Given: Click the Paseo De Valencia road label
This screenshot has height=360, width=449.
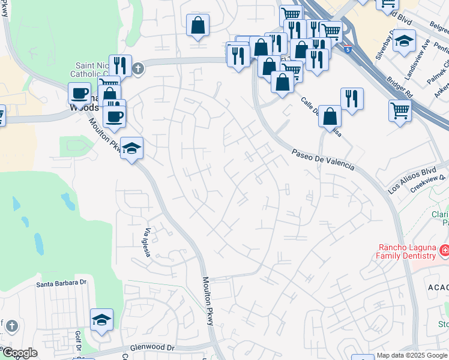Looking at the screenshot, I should [323, 159].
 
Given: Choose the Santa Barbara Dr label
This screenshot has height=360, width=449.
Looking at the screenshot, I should [62, 283].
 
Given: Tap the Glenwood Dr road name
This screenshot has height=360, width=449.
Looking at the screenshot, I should [152, 347].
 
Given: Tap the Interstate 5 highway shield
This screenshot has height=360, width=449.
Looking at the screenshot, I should [349, 49].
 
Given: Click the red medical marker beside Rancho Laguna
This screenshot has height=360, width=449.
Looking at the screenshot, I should [444, 250].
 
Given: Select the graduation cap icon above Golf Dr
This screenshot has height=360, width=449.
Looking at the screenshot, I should [101, 320].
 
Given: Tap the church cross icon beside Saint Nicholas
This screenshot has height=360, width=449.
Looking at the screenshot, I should [138, 68].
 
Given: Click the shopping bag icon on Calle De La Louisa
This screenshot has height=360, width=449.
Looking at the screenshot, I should [330, 116].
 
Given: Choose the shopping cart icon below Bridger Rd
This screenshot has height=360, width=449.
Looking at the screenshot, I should [400, 110].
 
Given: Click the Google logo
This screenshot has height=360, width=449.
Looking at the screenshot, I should [20, 353].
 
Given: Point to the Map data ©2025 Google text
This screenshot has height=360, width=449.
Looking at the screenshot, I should [411, 355].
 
